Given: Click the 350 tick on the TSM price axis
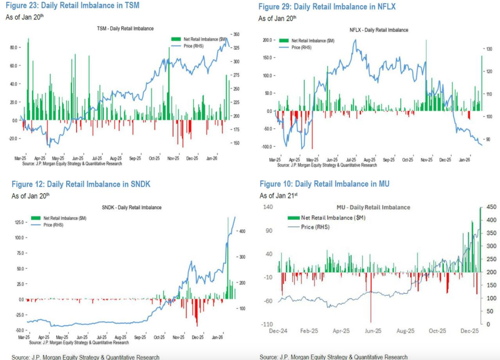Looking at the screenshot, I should (x=236, y=35).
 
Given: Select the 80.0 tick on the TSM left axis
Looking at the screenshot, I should (x=14, y=47).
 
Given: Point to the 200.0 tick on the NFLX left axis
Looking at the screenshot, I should (x=266, y=40).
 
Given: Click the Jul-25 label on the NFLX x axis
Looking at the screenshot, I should (x=351, y=160).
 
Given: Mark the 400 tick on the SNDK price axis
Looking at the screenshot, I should (x=241, y=231).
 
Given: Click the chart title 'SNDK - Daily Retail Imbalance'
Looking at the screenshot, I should (x=132, y=207).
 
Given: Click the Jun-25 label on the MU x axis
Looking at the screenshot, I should (x=374, y=331).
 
